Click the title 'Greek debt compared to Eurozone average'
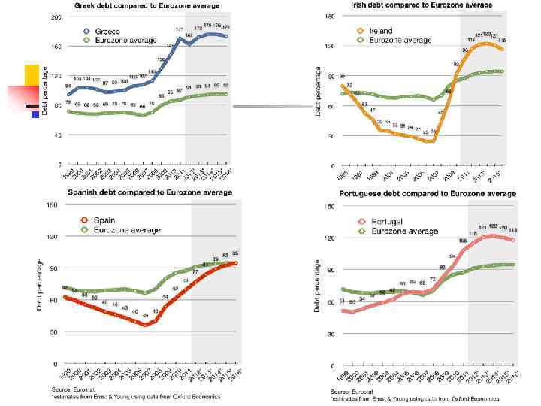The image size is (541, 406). tap(152, 5)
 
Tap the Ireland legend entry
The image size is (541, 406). tap(381, 31)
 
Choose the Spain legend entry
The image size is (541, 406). tap(105, 220)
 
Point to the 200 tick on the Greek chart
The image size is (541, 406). tap(56, 18)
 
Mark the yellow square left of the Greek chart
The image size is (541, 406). tap(32, 74)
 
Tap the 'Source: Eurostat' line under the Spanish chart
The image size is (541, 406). tap(68, 389)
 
